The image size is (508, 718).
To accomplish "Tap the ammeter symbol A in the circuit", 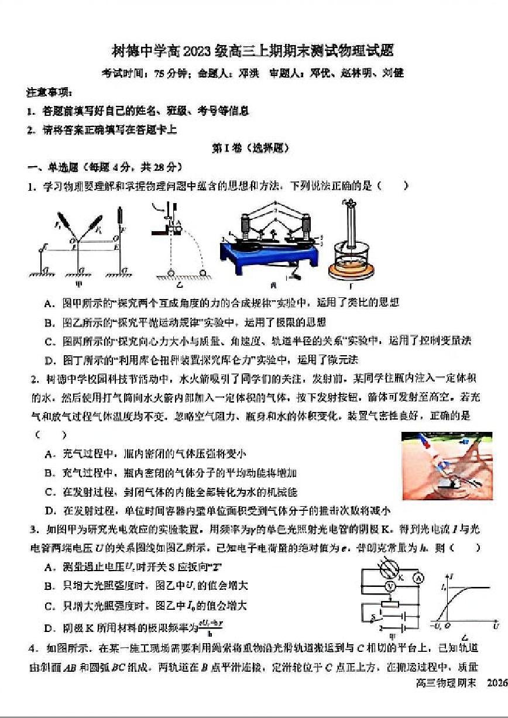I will pyautogui.click(x=418, y=578).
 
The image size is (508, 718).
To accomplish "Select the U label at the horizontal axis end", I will pyautogui.click(x=496, y=626).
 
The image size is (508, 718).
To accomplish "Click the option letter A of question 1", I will pyautogui.click(x=48, y=303).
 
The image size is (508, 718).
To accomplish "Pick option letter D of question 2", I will pyautogui.click(x=48, y=510).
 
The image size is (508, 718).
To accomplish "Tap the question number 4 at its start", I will pyautogui.click(x=33, y=648).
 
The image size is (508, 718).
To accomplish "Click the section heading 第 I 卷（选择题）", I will pyautogui.click(x=250, y=149).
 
